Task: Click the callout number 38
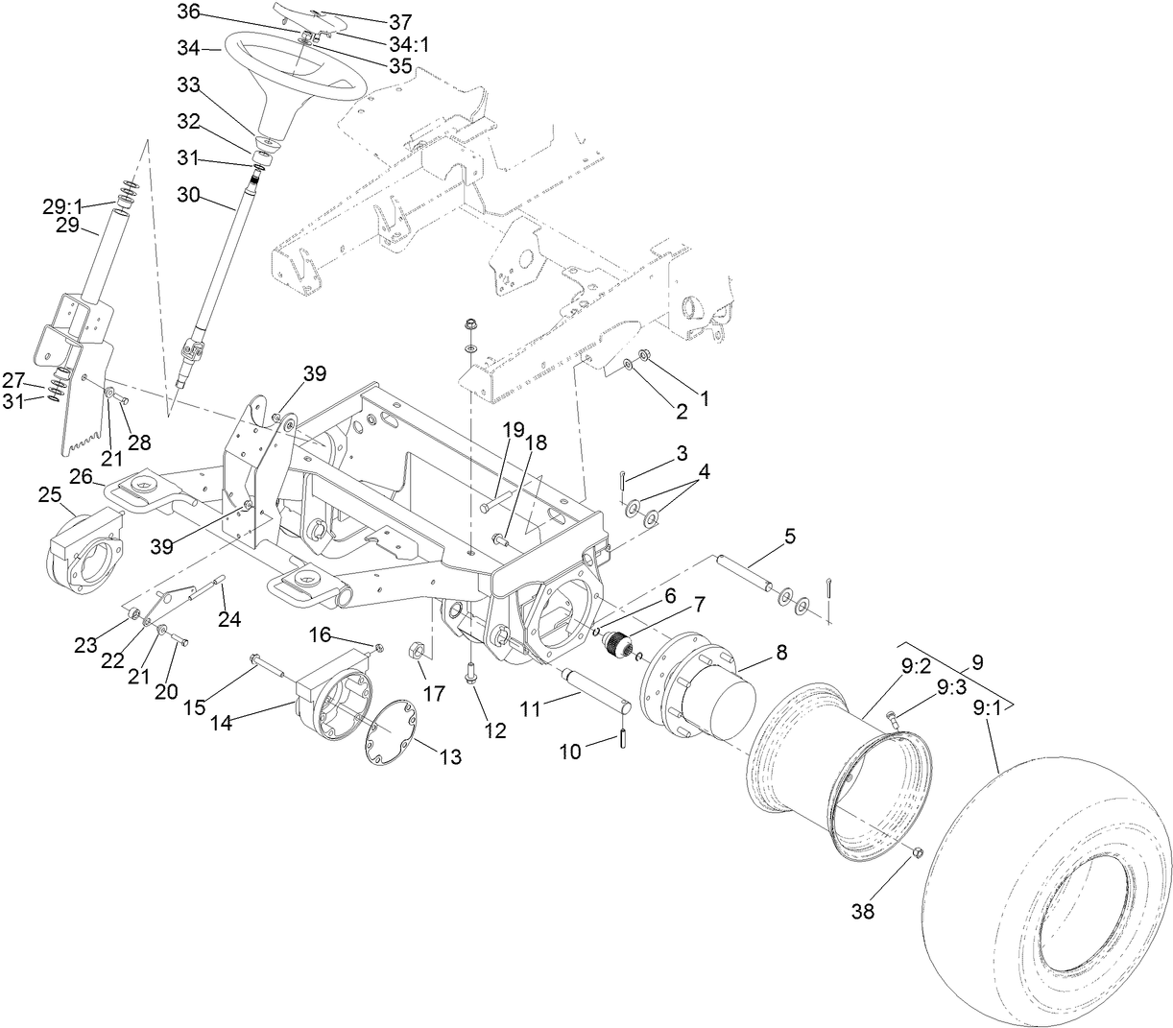pos(863,912)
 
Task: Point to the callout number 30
pos(191,194)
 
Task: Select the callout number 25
pos(49,494)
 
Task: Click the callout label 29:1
pos(62,206)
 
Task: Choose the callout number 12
pos(494,730)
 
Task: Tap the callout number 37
pos(371,20)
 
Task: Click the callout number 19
pos(511,428)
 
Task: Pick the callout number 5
pos(790,537)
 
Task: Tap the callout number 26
pos(82,476)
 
